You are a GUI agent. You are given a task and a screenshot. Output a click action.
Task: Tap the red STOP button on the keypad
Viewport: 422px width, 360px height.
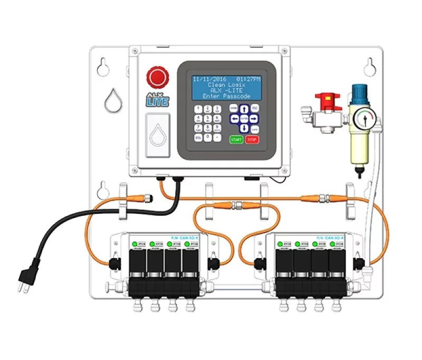252,140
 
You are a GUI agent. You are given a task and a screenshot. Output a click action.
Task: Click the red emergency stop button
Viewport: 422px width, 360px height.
157,77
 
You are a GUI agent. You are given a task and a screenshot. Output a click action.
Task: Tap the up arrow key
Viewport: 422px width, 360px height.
244,108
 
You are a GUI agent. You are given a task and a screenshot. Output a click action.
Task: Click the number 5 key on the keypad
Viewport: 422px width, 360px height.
208,118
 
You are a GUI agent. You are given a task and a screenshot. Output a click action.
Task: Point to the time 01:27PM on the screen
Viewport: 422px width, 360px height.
248,79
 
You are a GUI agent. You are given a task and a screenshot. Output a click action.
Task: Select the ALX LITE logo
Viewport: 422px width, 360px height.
156,98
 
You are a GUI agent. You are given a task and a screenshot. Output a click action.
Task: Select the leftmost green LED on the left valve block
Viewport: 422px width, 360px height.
135,243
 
